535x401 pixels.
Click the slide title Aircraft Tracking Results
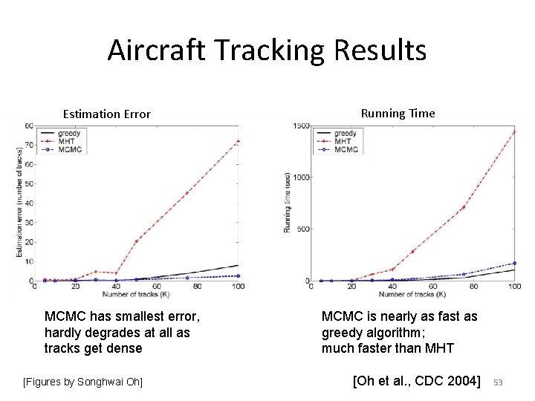[x=267, y=50]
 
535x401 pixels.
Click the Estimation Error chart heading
[x=106, y=114]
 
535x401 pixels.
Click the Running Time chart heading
[x=398, y=113]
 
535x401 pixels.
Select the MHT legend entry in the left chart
[x=67, y=141]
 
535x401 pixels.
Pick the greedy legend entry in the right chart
[x=345, y=134]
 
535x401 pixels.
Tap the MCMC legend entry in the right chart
[x=346, y=150]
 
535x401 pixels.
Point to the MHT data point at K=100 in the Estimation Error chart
[x=238, y=141]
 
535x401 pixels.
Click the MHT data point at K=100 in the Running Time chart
[x=514, y=132]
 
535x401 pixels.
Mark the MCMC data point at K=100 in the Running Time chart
[x=514, y=263]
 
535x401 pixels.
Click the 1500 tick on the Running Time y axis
[x=301, y=126]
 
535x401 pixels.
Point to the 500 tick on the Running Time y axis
[x=304, y=229]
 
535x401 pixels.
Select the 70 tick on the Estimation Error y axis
[x=28, y=145]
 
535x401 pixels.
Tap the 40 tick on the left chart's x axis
[x=116, y=287]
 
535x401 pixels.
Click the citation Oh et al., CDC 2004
[x=417, y=382]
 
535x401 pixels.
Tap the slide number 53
[x=499, y=382]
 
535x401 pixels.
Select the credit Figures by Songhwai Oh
[x=82, y=382]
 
